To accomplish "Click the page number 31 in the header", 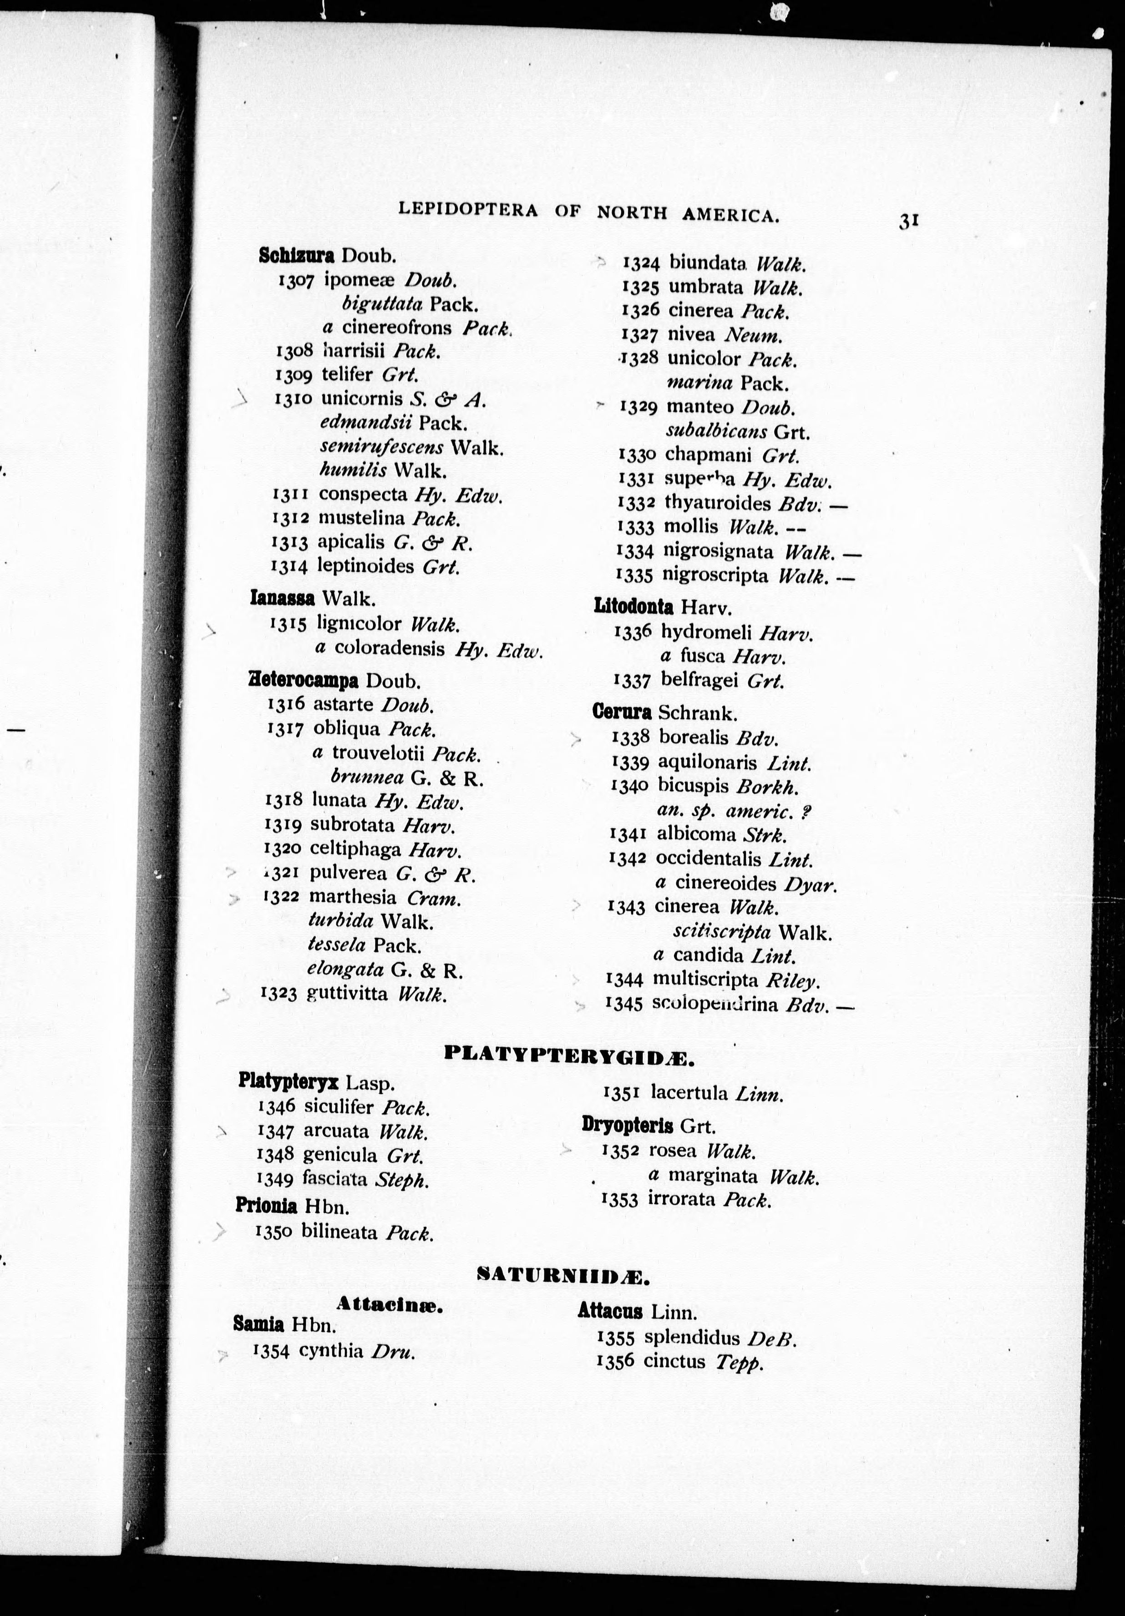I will [909, 221].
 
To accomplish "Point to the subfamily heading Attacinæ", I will [389, 1304].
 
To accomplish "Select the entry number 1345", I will [624, 1005].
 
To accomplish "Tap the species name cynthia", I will [331, 1351].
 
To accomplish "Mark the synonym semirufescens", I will [381, 447].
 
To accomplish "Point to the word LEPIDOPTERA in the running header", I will [468, 210].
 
